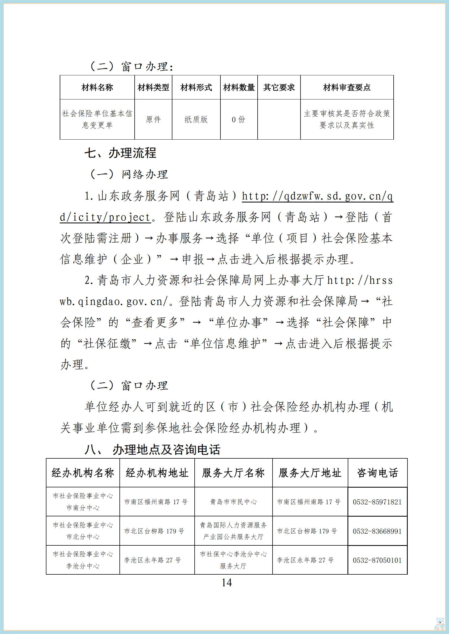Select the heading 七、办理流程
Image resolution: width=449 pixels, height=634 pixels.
[121, 153]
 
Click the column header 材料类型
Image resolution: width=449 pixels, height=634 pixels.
[153, 88]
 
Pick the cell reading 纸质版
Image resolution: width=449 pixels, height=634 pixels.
[196, 119]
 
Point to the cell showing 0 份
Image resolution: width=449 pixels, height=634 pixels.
[239, 119]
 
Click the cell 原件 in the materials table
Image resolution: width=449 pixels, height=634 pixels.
[153, 119]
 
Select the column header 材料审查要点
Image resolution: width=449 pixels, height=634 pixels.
[347, 88]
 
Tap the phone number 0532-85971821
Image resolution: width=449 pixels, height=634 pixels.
[377, 502]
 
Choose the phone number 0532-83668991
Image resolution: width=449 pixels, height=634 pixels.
[377, 531]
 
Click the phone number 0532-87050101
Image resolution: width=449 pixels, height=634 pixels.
[377, 560]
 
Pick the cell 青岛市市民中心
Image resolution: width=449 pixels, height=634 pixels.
[233, 502]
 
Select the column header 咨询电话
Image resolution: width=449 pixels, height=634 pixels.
[377, 473]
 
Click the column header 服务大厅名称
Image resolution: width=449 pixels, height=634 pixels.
[233, 473]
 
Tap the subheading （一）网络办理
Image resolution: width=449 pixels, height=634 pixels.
[129, 174]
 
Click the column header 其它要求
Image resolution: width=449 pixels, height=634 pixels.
[279, 88]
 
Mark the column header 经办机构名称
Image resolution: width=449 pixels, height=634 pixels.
[83, 473]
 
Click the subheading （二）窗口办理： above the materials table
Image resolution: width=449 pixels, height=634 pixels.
[132, 67]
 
